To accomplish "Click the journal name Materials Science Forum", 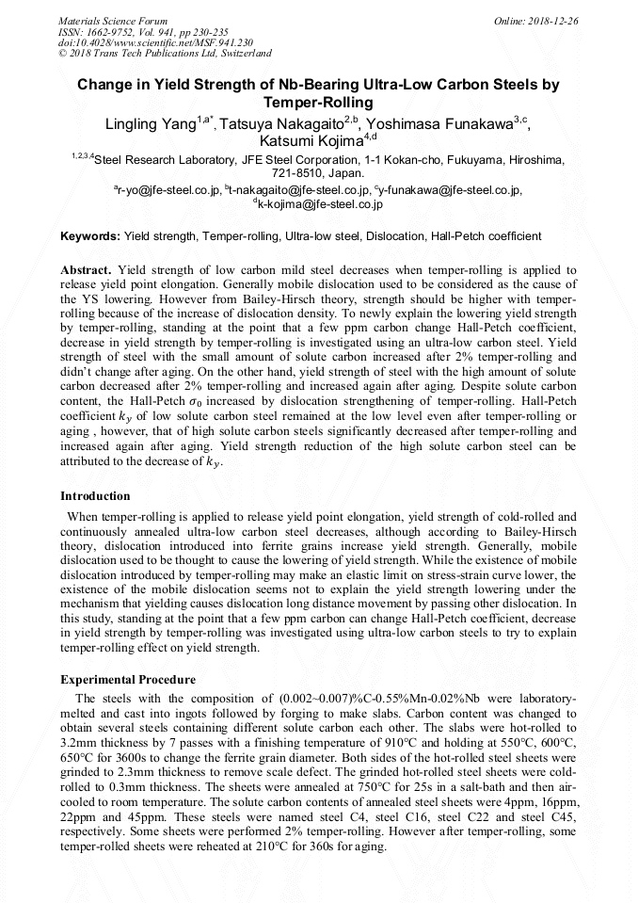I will pyautogui.click(x=113, y=20).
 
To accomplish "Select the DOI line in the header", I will pyautogui.click(x=155, y=42).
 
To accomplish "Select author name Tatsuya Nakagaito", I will pyautogui.click(x=283, y=123).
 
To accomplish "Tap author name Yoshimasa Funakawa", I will pyautogui.click(x=443, y=123).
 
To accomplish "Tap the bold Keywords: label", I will pyautogui.click(x=89, y=235).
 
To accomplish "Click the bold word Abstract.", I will pyautogui.click(x=86, y=269).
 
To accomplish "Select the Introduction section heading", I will pyautogui.click(x=95, y=495).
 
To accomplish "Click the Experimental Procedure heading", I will pyautogui.click(x=128, y=679).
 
